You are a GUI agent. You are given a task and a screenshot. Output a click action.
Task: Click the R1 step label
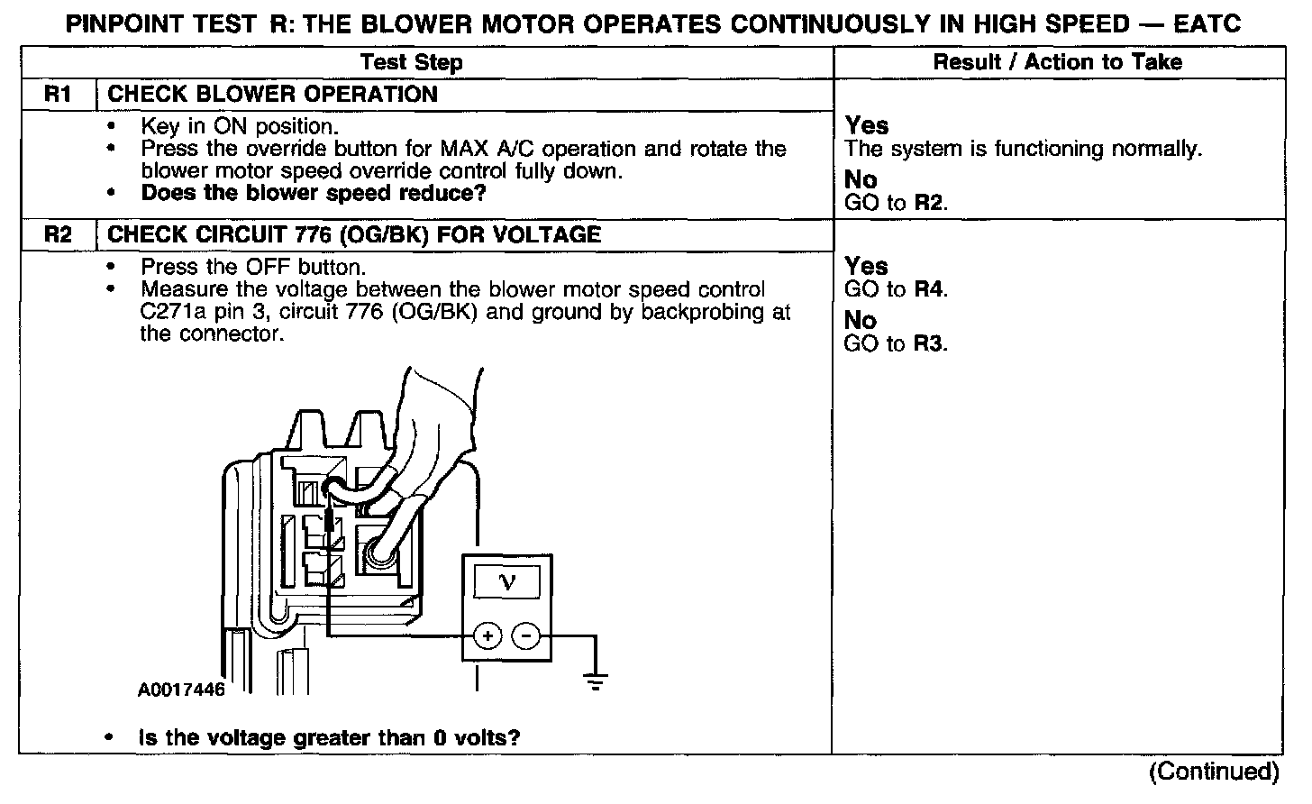pyautogui.click(x=57, y=95)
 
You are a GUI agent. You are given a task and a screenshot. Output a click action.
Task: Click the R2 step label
pyautogui.click(x=57, y=235)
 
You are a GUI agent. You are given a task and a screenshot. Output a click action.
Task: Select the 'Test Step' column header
pyautogui.click(x=411, y=62)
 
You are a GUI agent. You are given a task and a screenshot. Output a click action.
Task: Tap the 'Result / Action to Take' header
pyautogui.click(x=1057, y=62)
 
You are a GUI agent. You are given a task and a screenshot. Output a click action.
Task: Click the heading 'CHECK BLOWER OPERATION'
pyautogui.click(x=272, y=95)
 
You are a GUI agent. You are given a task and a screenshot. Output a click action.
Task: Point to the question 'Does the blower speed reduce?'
pyautogui.click(x=314, y=193)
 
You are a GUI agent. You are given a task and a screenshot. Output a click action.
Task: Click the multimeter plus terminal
pyautogui.click(x=487, y=636)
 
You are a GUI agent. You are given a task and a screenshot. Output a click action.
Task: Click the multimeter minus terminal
pyautogui.click(x=525, y=636)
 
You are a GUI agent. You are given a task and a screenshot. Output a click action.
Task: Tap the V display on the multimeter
pyautogui.click(x=506, y=582)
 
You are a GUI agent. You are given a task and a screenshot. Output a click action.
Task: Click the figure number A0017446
pyautogui.click(x=181, y=690)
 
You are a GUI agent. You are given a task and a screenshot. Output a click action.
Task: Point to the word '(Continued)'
pyautogui.click(x=1213, y=772)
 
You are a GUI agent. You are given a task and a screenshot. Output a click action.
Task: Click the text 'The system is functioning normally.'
pyautogui.click(x=1023, y=149)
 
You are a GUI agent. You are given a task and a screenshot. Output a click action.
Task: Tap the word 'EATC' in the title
pyautogui.click(x=1207, y=23)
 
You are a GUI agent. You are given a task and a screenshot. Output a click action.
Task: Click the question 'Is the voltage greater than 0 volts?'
pyautogui.click(x=329, y=738)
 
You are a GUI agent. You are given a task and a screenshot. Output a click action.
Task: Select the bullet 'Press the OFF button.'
pyautogui.click(x=252, y=267)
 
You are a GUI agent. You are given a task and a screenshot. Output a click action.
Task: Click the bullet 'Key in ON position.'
pyautogui.click(x=239, y=126)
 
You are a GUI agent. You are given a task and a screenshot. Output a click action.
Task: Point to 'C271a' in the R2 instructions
pyautogui.click(x=162, y=312)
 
